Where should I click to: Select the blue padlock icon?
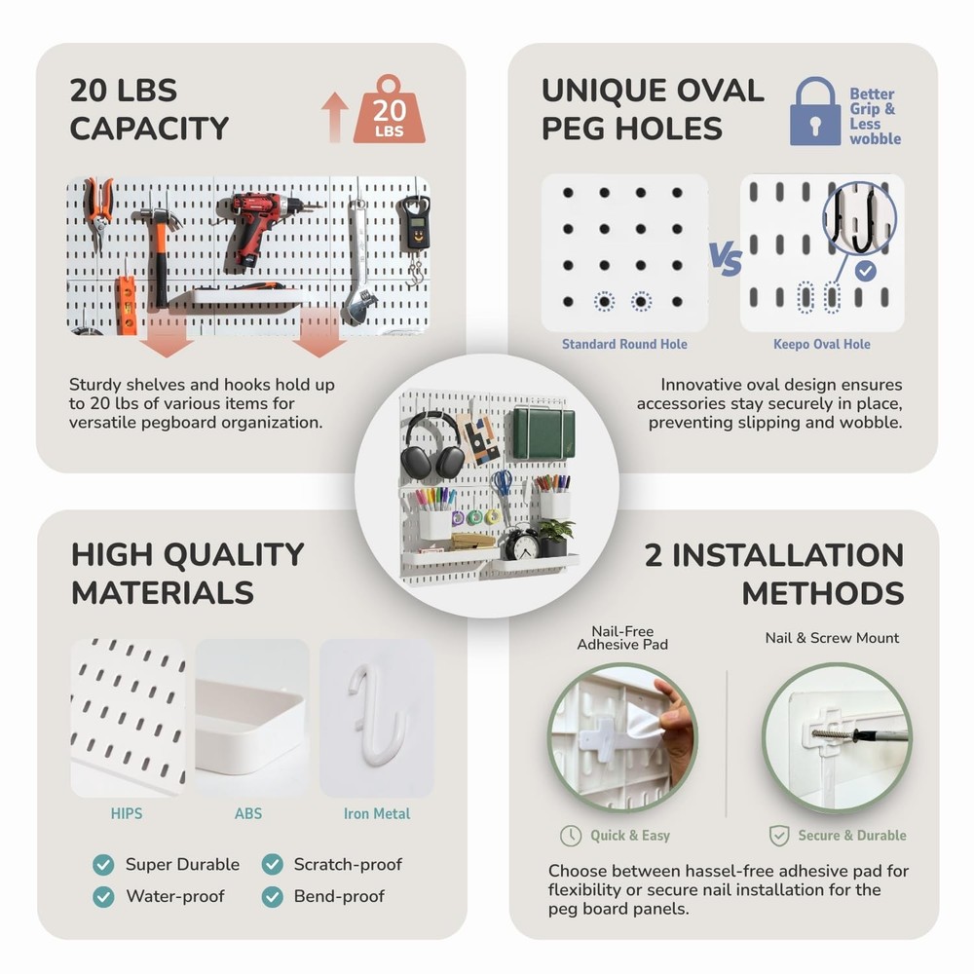click(815, 113)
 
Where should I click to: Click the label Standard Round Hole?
click(624, 344)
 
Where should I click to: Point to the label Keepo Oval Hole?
click(822, 344)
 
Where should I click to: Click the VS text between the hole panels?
click(725, 261)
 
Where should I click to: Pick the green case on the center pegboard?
click(543, 432)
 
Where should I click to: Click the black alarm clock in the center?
click(523, 543)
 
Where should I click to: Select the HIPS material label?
click(126, 813)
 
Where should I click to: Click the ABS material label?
click(248, 813)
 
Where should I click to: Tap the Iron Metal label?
click(377, 813)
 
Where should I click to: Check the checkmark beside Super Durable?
click(102, 865)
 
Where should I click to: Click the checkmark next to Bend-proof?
click(272, 896)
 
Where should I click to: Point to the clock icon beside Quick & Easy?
click(571, 836)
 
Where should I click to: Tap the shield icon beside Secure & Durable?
click(779, 836)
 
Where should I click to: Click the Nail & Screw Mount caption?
click(832, 638)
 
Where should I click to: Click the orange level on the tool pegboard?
click(127, 305)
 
